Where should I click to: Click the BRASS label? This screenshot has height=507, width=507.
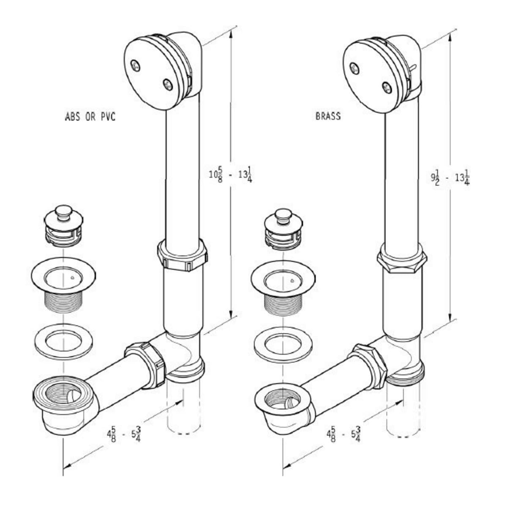coord(328,116)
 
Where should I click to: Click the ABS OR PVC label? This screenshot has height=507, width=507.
coord(90,117)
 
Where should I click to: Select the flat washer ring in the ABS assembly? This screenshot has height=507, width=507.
coord(63,341)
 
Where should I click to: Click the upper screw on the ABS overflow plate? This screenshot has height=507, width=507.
coord(136,65)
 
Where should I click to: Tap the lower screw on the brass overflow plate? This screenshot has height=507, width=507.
coord(387,87)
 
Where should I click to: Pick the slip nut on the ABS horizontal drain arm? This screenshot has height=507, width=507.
coord(146,364)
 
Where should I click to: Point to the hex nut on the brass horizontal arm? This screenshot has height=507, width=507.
coord(370,365)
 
